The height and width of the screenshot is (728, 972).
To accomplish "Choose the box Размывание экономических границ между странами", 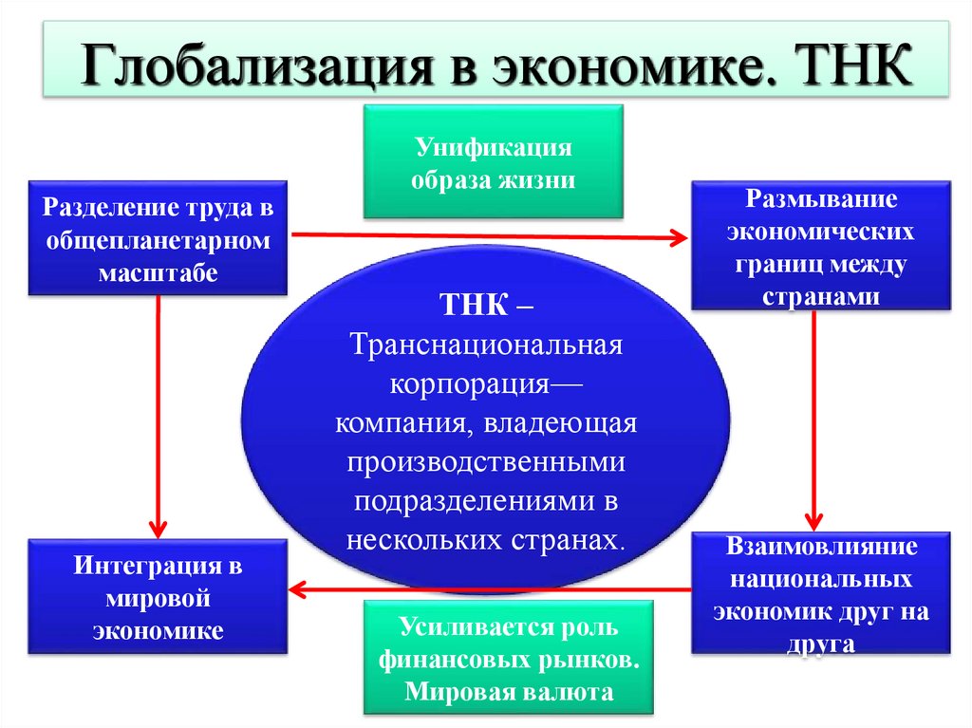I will tap(821, 246).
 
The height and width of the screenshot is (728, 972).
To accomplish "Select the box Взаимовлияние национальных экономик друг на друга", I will tap(821, 594).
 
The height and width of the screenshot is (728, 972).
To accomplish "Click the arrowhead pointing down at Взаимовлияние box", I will tap(814, 521).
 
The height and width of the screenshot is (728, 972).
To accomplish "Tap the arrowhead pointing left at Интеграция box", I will tap(297, 589).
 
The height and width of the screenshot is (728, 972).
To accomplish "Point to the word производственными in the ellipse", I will tap(485, 462).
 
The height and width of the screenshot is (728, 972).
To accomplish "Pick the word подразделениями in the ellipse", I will tap(470, 501).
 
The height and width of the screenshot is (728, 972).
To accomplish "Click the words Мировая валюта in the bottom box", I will tap(509, 690).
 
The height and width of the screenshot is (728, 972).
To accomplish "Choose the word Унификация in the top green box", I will tap(493, 147).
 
